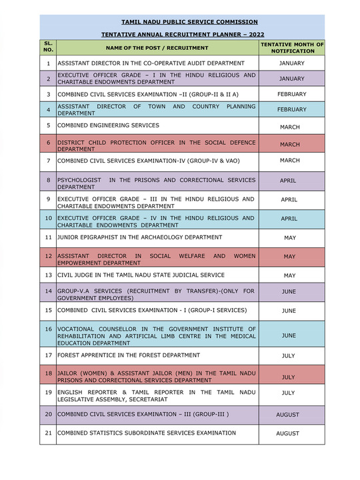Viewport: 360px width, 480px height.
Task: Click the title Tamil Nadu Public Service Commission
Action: click(182, 22)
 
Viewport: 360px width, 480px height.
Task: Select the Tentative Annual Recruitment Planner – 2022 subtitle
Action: click(182, 33)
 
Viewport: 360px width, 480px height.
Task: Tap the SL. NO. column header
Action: click(48, 47)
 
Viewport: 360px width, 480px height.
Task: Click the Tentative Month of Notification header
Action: click(291, 47)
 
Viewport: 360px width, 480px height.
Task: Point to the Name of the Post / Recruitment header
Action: click(157, 48)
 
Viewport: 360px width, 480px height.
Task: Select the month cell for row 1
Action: click(291, 63)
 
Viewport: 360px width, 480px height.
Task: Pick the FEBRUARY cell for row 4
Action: click(291, 109)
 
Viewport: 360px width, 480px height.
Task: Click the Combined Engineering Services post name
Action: click(108, 125)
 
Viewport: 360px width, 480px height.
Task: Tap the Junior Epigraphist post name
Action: click(139, 237)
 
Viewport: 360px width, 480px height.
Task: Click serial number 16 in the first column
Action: click(48, 329)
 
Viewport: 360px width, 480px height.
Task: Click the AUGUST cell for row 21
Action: click(288, 433)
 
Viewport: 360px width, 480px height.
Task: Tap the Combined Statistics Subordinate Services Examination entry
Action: click(146, 433)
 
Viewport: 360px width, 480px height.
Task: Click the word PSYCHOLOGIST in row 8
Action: click(79, 180)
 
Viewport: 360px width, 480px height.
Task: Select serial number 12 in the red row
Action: click(48, 256)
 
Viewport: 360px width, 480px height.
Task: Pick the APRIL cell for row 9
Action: click(289, 199)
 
